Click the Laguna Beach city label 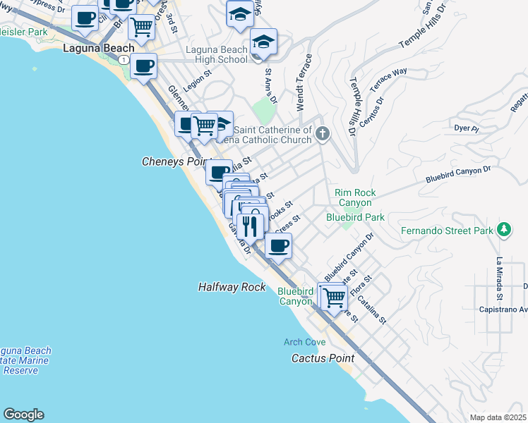click(98, 49)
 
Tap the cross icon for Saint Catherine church click(323, 134)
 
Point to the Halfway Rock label click(232, 287)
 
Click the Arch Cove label click(304, 342)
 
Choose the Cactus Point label click(323, 358)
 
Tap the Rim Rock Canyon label click(355, 197)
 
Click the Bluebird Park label click(355, 217)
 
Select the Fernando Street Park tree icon click(503, 229)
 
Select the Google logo click(23, 415)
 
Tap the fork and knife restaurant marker click(250, 226)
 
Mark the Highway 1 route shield click(124, 61)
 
